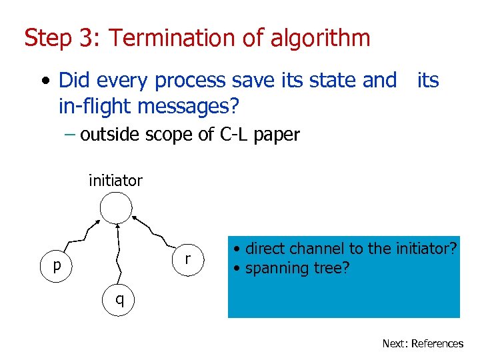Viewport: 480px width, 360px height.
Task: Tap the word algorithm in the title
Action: [x=321, y=38]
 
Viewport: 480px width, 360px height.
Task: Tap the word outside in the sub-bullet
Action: [x=106, y=135]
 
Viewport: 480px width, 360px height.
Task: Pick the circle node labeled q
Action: [x=119, y=299]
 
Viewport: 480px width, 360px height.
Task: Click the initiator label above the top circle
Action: [x=115, y=180]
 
